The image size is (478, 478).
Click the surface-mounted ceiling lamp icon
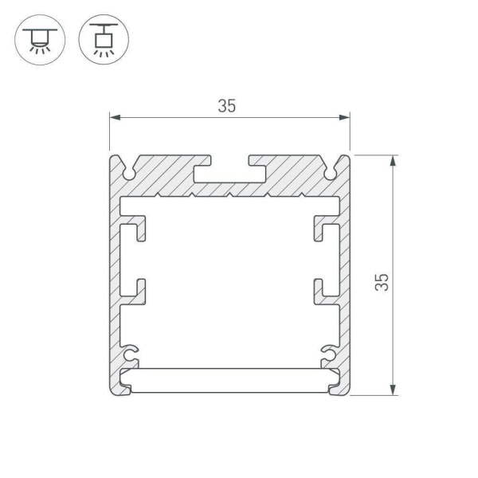(37, 39)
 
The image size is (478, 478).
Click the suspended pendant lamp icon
(104, 39)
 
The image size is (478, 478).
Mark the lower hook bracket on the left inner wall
(137, 291)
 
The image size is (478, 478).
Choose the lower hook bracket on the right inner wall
(322, 291)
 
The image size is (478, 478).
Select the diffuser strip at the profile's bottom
(229, 380)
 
